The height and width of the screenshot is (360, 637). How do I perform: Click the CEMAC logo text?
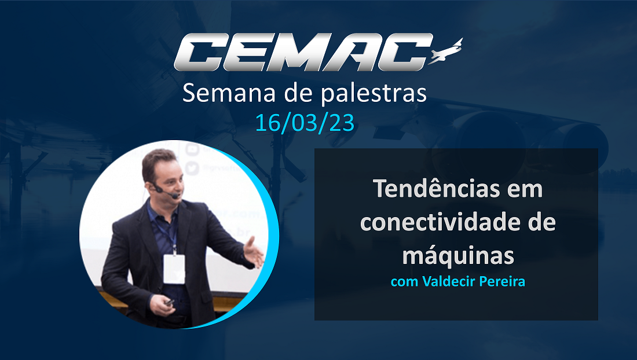click(x=303, y=52)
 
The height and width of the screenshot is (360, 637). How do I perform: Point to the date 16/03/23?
click(x=305, y=123)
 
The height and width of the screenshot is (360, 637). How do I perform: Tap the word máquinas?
click(x=458, y=256)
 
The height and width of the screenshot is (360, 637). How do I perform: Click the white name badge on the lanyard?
click(x=174, y=269)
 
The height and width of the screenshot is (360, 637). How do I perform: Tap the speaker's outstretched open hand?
click(x=254, y=253)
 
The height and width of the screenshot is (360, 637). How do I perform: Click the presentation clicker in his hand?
click(x=169, y=302)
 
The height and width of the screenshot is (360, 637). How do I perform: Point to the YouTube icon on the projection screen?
click(x=192, y=149)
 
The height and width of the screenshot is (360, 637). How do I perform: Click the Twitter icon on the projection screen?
click(x=192, y=168)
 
